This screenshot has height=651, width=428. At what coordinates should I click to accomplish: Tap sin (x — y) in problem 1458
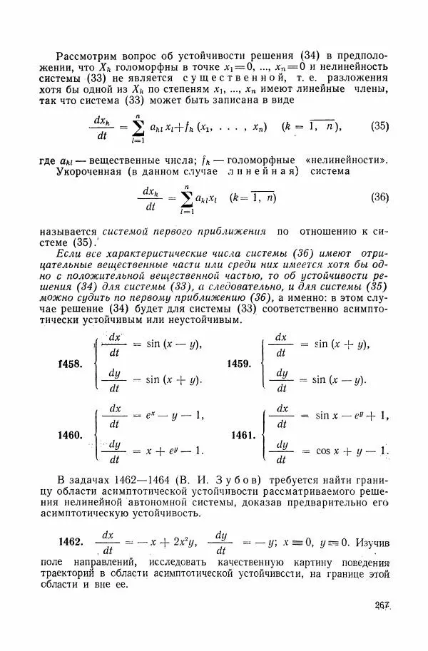[x=173, y=344]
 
